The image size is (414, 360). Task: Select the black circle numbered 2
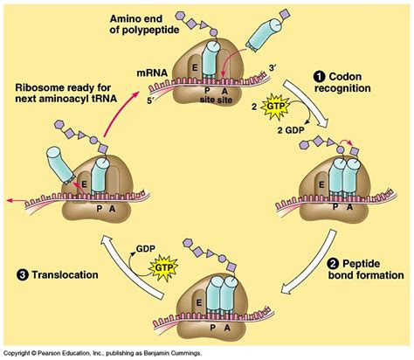point(333,264)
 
